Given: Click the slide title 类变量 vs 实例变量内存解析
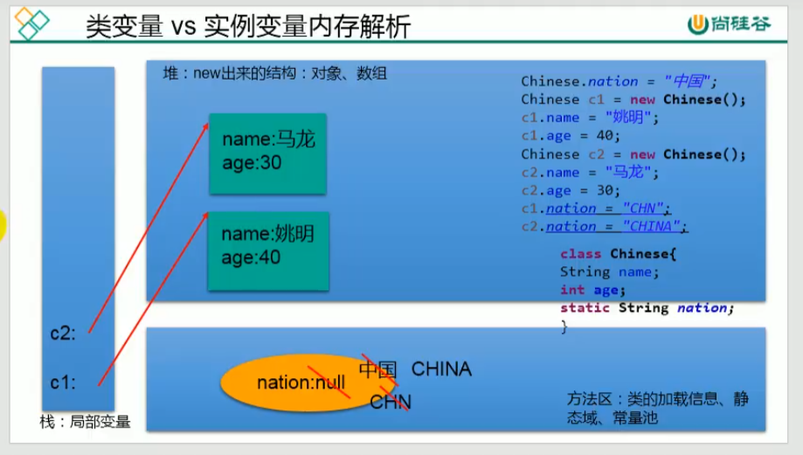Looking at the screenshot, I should tap(247, 26).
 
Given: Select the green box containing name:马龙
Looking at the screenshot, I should tap(267, 153).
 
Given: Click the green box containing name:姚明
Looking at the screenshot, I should tap(267, 251).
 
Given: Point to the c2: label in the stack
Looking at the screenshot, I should tap(64, 333).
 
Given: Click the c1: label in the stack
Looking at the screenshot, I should tap(64, 382).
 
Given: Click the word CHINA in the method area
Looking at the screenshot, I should tap(441, 369).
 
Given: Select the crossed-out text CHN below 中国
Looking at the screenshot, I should tap(390, 402).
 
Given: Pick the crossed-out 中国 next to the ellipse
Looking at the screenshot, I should tap(377, 369).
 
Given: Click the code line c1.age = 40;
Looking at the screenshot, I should tap(571, 135).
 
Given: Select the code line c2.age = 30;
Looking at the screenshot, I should tap(571, 190).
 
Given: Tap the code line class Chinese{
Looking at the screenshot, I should tap(619, 254).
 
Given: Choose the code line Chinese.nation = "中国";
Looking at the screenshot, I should tap(619, 81).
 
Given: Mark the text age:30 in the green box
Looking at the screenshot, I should tap(252, 162).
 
